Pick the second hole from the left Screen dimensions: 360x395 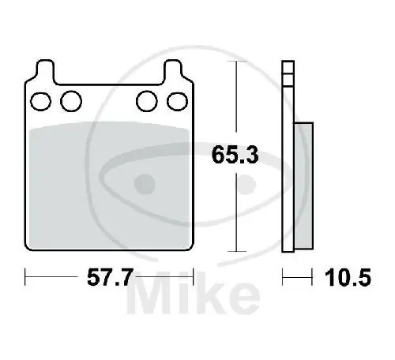71,101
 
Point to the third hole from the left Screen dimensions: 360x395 145,101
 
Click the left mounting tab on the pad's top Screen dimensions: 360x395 45,73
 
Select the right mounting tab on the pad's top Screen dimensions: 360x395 172,73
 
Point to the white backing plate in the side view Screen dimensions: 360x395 288,158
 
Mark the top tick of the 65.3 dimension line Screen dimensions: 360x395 235,62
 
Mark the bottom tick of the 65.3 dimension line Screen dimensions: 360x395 235,250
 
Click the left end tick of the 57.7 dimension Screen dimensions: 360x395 28,277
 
